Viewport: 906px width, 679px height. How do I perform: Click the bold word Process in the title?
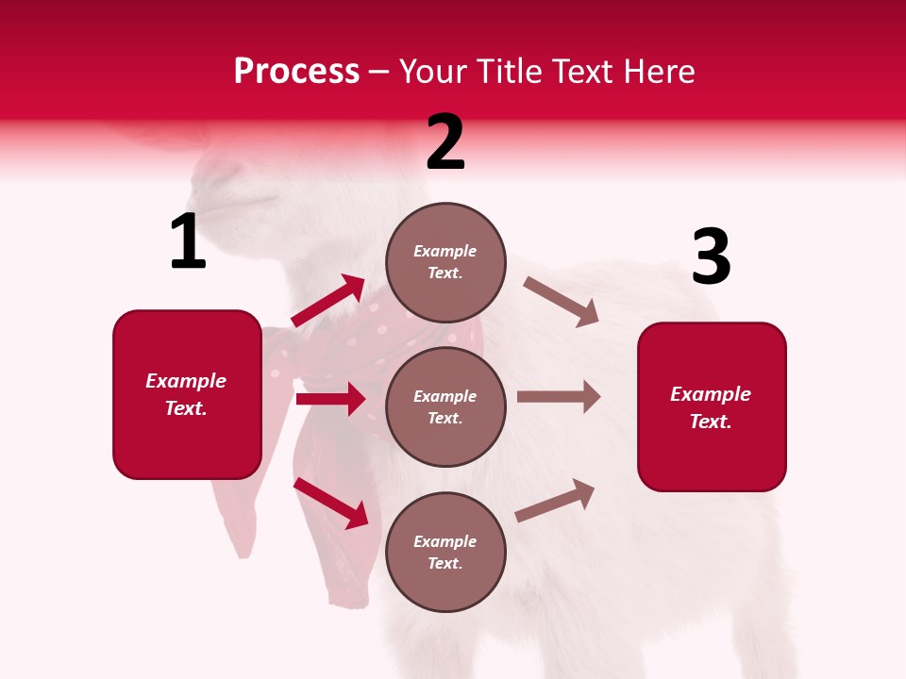pos(296,72)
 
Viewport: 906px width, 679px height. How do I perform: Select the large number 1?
pos(188,242)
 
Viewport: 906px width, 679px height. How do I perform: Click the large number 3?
pos(711,257)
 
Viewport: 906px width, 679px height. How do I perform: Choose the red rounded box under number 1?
pos(187,394)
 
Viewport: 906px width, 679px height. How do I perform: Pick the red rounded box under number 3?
pos(712,406)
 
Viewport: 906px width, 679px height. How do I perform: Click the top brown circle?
pos(445,262)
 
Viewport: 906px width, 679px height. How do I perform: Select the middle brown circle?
pos(445,406)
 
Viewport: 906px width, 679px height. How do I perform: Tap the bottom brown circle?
pos(445,552)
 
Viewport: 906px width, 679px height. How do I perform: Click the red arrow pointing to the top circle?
pos(328,301)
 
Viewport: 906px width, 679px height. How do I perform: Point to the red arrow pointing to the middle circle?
pos(330,399)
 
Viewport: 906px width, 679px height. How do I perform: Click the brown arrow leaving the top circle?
pos(562,302)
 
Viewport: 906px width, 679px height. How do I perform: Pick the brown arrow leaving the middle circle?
pos(559,397)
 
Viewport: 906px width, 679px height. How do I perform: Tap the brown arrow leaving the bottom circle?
pos(555,500)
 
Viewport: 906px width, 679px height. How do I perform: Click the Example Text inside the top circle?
pos(445,262)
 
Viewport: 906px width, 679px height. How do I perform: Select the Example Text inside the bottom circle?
pos(445,552)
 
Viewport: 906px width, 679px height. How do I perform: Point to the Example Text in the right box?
pos(711,407)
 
